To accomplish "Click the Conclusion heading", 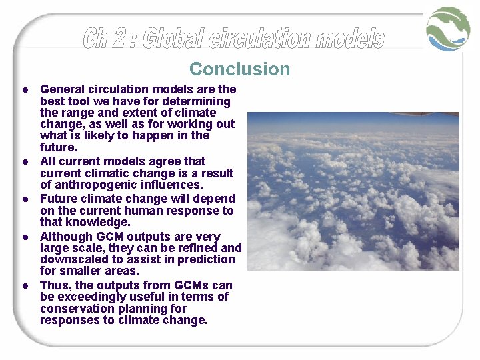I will (x=239, y=69).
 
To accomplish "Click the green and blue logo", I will (x=449, y=29).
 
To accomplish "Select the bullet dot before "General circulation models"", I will (x=24, y=89).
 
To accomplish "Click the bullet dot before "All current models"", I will (x=24, y=161).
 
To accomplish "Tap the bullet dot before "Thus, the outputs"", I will (x=24, y=285).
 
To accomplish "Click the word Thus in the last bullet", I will (x=54, y=285).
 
